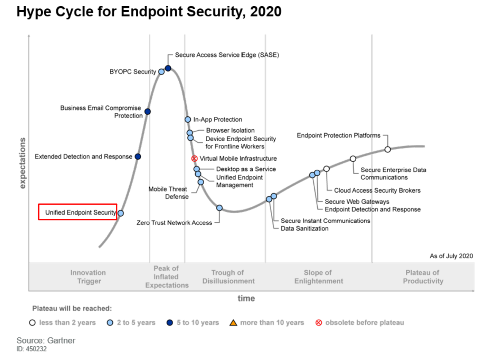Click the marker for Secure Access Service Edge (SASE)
tap(168, 68)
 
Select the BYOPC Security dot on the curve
tap(162, 72)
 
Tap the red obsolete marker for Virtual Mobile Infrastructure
tap(194, 159)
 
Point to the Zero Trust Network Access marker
tap(219, 208)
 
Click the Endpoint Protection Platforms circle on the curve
tap(388, 149)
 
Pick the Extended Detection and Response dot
tap(138, 157)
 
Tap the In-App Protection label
tap(218, 120)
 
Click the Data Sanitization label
tap(305, 228)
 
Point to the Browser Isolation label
tap(230, 131)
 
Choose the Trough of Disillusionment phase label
tap(228, 277)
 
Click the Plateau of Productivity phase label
tap(423, 277)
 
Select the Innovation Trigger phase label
tap(88, 277)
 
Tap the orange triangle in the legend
tap(233, 322)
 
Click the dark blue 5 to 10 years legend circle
tap(170, 322)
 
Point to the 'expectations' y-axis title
tap(23, 163)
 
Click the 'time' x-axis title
tap(246, 298)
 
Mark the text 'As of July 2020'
tap(451, 256)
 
